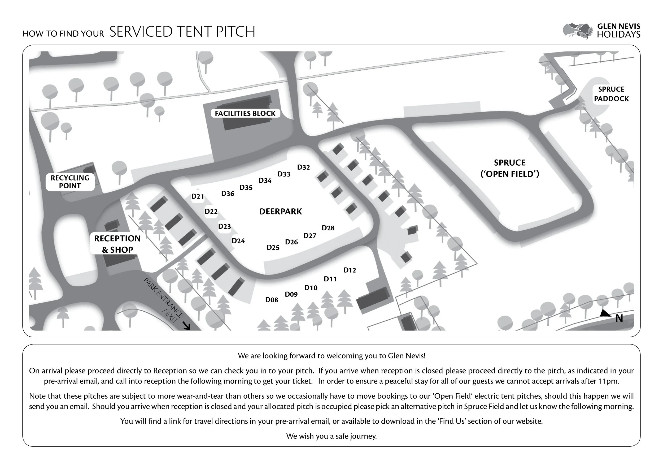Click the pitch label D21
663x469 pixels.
[x=198, y=197]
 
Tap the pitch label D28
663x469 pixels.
[x=328, y=228]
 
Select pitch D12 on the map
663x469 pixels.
[x=350, y=270]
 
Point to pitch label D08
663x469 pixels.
[x=272, y=300]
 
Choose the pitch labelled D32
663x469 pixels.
[x=303, y=167]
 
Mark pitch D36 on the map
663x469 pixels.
[x=228, y=193]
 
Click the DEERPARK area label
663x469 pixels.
[x=280, y=212]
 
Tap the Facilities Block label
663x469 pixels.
[x=245, y=113]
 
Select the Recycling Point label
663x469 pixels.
[x=70, y=182]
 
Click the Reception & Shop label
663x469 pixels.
[x=117, y=244]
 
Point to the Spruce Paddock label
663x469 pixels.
[x=611, y=94]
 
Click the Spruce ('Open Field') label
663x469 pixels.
[x=510, y=168]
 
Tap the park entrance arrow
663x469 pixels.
[x=187, y=326]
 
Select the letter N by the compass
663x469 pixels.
[x=619, y=319]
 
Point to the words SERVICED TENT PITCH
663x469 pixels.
[x=182, y=32]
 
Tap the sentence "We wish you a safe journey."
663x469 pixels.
[x=331, y=436]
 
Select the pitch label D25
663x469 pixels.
[x=273, y=248]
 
